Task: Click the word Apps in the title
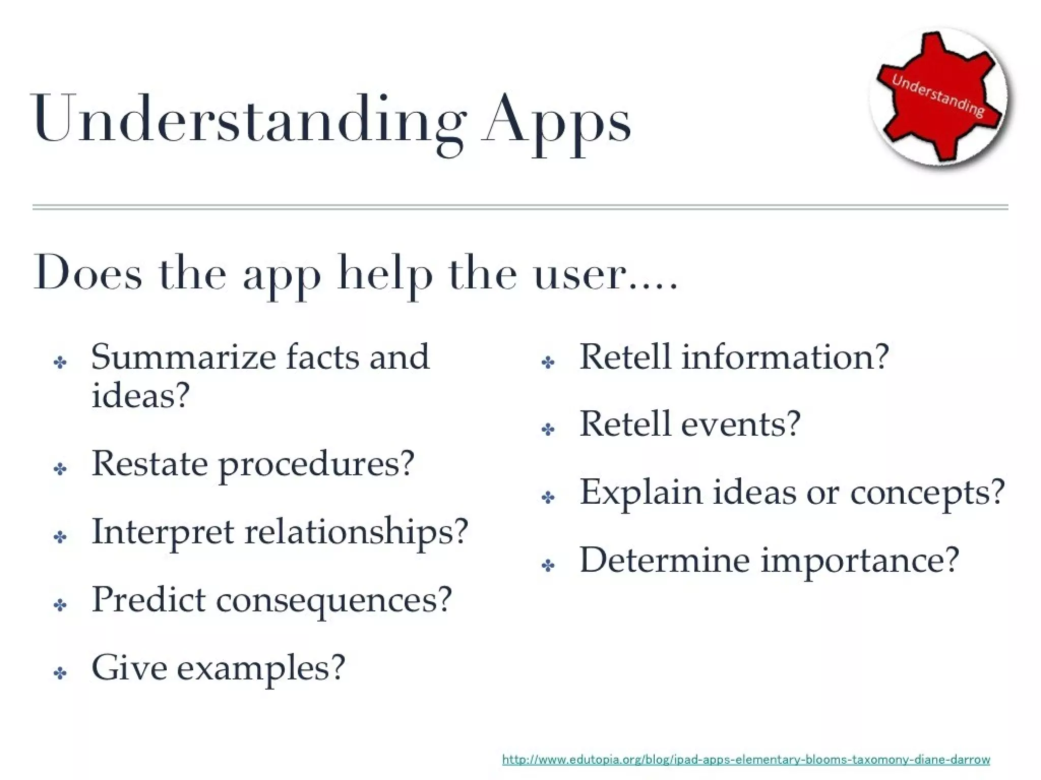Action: click(x=557, y=122)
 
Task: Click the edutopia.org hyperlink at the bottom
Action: click(x=746, y=760)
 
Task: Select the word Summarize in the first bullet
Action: click(x=183, y=357)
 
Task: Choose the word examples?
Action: click(x=261, y=668)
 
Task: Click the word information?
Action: click(x=785, y=357)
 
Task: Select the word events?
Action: click(x=741, y=425)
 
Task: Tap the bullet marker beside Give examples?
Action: click(x=60, y=674)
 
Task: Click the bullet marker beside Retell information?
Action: click(x=548, y=363)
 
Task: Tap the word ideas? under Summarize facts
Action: click(x=140, y=395)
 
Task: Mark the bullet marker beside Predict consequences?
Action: click(x=60, y=605)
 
